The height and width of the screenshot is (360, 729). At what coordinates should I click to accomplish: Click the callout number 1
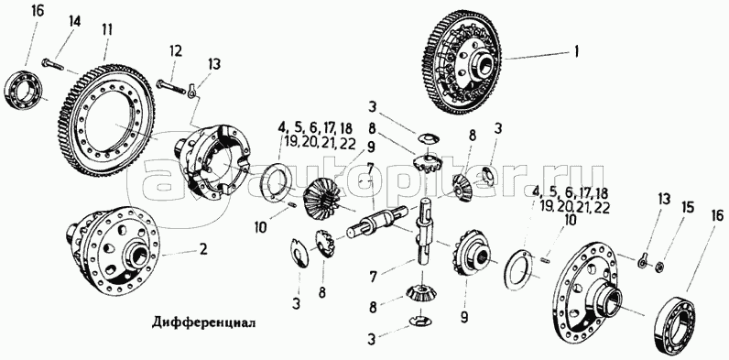(x=576, y=52)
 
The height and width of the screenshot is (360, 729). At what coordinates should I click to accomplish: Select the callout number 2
(x=203, y=250)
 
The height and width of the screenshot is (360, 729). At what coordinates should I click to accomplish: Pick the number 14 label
(x=75, y=20)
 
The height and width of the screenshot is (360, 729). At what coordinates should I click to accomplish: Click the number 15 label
(x=688, y=206)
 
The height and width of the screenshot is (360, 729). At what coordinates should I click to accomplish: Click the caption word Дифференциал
(x=203, y=322)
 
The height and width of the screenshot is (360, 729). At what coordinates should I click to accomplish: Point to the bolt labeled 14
(x=52, y=64)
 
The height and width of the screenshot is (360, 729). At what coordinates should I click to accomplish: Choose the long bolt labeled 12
(x=169, y=86)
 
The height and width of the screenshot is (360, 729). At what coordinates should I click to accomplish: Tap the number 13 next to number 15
(x=663, y=201)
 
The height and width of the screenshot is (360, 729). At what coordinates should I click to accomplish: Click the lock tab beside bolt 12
(x=191, y=91)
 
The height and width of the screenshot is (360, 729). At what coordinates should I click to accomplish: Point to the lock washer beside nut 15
(x=644, y=262)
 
